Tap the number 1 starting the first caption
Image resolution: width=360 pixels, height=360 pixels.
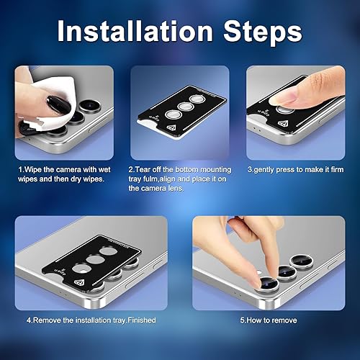tap(19, 169)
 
